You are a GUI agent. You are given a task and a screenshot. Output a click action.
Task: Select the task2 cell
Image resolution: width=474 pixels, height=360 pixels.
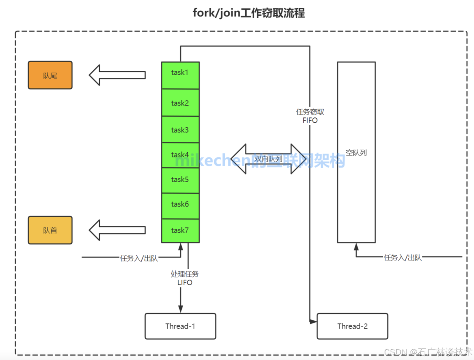click(x=180, y=103)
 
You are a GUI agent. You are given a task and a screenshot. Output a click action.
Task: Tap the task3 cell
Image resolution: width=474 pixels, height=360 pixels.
click(x=180, y=130)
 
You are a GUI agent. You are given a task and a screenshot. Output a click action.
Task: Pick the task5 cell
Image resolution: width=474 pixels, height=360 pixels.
click(x=180, y=180)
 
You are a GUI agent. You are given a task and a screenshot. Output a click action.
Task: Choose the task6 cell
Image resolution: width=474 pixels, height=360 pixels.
click(x=180, y=204)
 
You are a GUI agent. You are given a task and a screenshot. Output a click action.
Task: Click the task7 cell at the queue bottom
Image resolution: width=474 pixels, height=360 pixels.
click(x=180, y=230)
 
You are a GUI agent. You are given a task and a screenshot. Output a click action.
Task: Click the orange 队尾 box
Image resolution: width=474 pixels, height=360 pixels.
click(x=50, y=75)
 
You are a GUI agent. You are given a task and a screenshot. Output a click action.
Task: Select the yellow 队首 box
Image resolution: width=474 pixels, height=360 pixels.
click(x=50, y=230)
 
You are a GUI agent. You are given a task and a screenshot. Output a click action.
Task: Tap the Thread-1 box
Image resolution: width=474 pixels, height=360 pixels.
click(x=180, y=326)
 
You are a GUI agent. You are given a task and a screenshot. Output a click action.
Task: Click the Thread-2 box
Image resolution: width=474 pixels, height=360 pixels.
click(x=352, y=326)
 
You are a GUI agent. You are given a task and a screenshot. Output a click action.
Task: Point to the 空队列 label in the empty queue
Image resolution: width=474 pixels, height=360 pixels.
click(x=356, y=153)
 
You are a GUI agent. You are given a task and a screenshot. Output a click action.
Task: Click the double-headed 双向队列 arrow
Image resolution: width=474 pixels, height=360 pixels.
click(x=268, y=159)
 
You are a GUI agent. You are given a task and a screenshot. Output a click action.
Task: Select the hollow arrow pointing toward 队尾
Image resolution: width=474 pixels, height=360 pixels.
click(x=117, y=75)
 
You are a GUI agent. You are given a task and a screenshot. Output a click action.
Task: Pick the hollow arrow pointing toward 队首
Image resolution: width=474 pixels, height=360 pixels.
click(x=117, y=230)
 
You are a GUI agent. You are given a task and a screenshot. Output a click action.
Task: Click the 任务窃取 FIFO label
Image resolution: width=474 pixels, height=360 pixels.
click(x=310, y=116)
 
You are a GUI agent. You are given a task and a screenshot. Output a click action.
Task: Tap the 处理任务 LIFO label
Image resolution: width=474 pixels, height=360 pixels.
click(x=184, y=278)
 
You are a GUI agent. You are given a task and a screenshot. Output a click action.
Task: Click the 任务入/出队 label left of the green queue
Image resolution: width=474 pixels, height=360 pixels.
click(x=139, y=258)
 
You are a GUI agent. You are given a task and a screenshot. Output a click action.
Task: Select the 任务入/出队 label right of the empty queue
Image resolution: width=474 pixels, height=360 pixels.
click(x=403, y=257)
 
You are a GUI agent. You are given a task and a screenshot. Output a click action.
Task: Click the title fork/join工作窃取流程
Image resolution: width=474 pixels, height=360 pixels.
click(x=248, y=13)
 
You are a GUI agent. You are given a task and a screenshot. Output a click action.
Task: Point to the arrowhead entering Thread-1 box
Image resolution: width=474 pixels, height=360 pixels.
click(x=181, y=309)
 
